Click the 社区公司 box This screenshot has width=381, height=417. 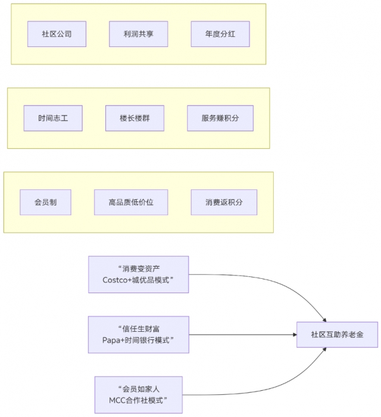pos(57,34)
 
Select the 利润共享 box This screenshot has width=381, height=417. pos(139,34)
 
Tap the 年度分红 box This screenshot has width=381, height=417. pos(220,34)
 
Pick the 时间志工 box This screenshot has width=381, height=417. pos(53,118)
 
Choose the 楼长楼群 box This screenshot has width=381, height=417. pos(135,118)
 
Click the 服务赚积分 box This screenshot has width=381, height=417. pos(220,118)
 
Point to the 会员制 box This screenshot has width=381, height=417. pos(45,203)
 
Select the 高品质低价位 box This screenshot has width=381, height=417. pos(131,203)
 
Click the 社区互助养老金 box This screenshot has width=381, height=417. pos(337,335)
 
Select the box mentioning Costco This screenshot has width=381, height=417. pos(138,274)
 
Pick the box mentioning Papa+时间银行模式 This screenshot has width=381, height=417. pos(138,334)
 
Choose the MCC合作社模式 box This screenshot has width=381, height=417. pos(138,394)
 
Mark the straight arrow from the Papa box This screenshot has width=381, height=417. pos(244,335)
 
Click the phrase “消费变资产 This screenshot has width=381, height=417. pos(138,268)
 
